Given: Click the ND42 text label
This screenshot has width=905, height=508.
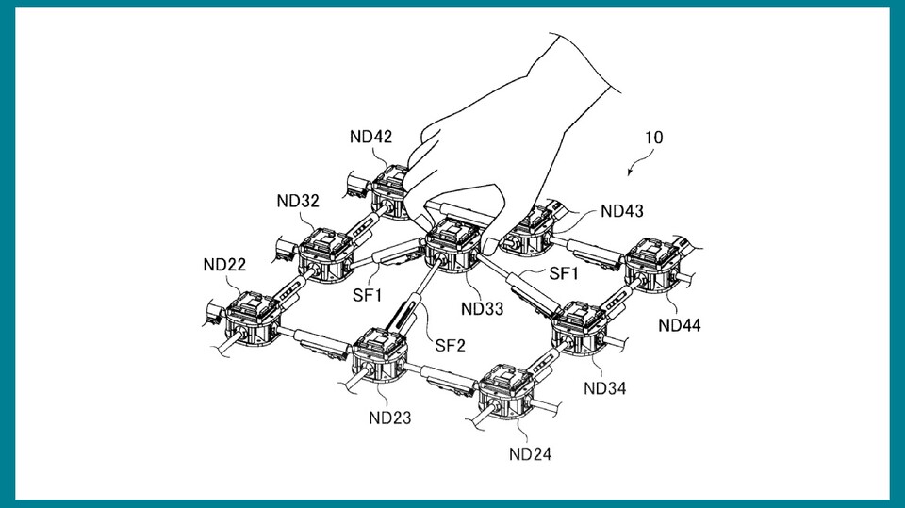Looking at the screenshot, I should pos(370,136).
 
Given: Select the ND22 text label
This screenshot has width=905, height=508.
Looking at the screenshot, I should pos(224,264).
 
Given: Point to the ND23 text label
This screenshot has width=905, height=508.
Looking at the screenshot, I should pos(389,418).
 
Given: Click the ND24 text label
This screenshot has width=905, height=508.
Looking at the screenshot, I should pos(530,454).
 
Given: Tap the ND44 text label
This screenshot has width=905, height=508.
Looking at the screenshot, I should pos(680,325).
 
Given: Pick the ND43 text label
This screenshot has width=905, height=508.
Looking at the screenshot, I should pos(622,210).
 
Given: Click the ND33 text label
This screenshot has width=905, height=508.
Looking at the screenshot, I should pos(482,307).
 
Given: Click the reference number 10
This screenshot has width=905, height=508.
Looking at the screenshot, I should pos(652,138).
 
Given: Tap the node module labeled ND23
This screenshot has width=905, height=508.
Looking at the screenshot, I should pos(382,357).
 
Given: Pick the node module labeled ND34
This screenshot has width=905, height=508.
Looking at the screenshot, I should pos(581,323).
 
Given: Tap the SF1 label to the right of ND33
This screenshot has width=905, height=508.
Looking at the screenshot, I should pos(563,273).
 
